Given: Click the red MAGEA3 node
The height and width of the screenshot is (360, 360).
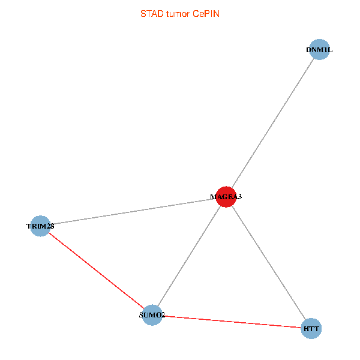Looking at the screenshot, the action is (x=226, y=196).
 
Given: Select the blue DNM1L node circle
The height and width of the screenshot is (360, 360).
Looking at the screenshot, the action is (x=319, y=50).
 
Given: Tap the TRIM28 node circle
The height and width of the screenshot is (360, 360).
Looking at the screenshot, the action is (x=40, y=226).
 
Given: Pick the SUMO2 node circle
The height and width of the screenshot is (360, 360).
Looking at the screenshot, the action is (x=152, y=315).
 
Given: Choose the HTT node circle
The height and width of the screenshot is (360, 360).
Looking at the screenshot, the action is (x=311, y=329).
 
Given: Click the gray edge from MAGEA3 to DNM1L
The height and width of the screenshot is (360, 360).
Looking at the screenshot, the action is (x=272, y=123).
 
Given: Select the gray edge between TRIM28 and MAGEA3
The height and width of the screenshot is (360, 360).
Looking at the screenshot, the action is (x=133, y=211).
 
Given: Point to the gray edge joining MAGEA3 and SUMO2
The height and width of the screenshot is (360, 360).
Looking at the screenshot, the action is (x=189, y=256).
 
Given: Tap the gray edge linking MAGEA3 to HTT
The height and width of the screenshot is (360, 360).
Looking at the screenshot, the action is (x=268, y=262).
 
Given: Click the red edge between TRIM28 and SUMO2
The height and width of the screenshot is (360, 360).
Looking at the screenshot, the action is (x=96, y=271).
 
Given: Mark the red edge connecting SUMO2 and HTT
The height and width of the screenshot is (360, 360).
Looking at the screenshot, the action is (x=232, y=322).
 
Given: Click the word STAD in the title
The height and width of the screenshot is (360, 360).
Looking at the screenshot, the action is (x=151, y=13).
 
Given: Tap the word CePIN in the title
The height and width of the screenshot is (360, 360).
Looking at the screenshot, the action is (x=206, y=13).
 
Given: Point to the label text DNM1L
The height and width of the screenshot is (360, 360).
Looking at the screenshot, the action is (x=319, y=50).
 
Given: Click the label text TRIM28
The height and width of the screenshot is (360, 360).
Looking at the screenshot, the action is (x=40, y=226).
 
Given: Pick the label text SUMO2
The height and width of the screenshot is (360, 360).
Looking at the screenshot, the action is (x=152, y=315).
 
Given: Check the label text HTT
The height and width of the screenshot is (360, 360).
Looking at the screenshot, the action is (x=311, y=329).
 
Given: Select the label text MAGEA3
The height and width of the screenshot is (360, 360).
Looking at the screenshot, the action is (x=226, y=196).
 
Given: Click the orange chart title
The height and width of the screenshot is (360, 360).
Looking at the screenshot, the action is (x=179, y=13).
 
